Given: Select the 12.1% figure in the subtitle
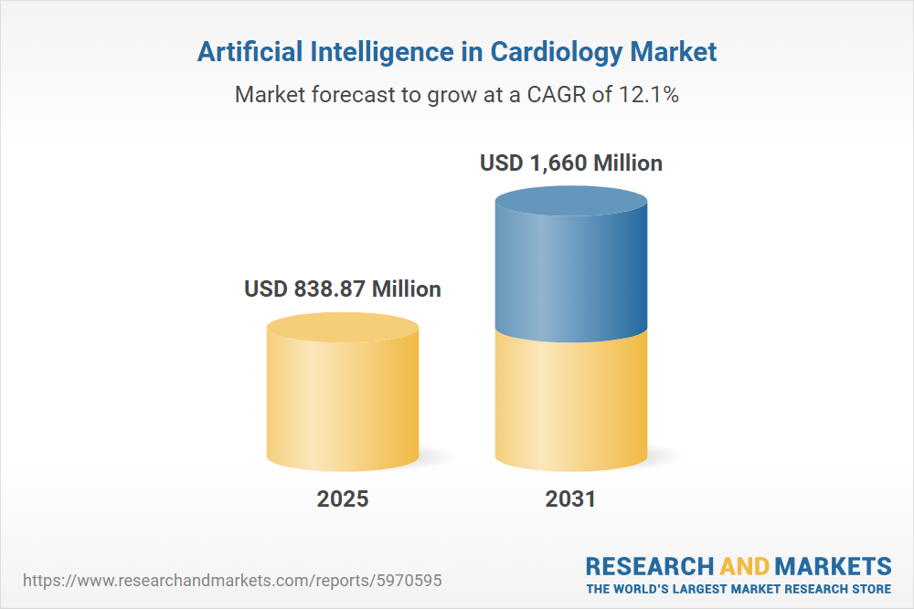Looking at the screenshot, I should (647, 94).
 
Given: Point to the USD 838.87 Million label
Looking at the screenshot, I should (343, 289).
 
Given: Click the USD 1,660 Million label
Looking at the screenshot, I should (571, 163).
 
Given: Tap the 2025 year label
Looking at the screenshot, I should (343, 499).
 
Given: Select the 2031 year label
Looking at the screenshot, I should (570, 499).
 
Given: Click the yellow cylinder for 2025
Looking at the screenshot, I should (343, 402).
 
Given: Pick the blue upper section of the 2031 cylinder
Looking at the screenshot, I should (570, 274).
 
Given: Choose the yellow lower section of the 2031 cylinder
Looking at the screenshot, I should (570, 402).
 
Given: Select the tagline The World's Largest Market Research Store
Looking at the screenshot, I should (739, 588).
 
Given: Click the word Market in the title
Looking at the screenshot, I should (674, 52).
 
